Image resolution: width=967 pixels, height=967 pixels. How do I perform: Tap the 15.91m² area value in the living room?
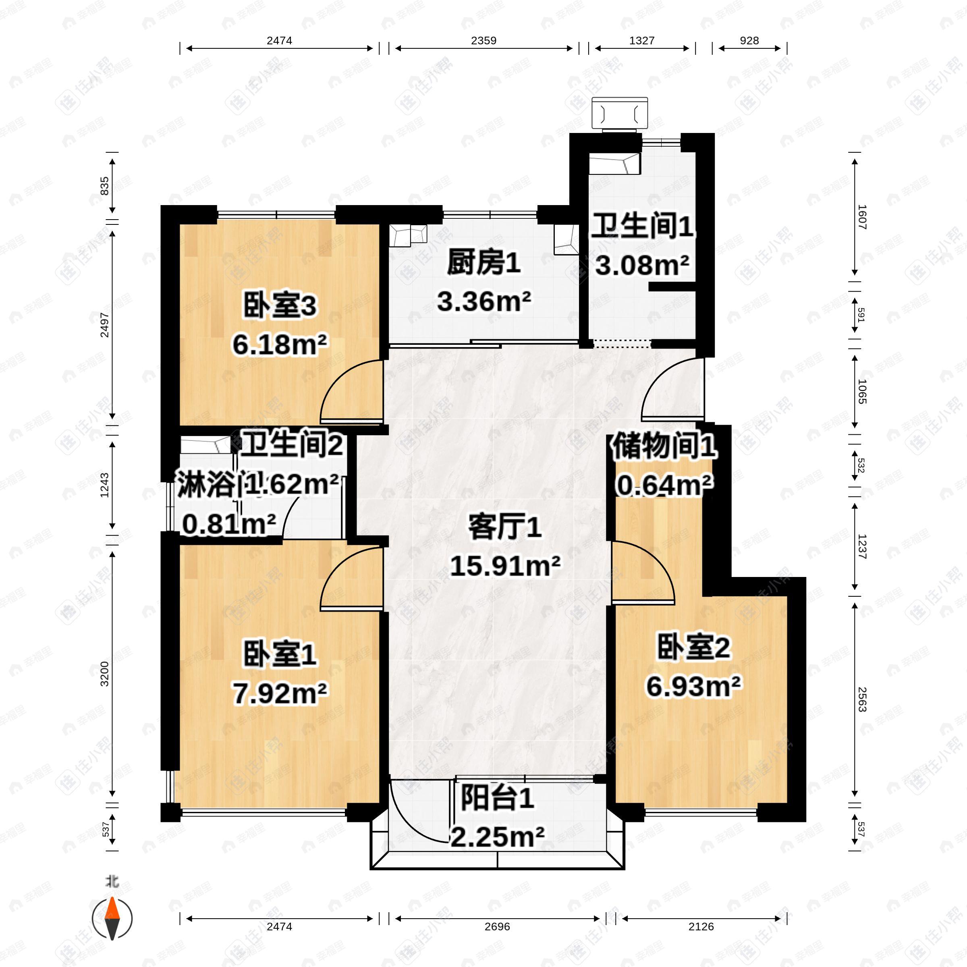tap(505, 566)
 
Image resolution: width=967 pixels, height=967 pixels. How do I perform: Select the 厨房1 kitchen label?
tap(483, 263)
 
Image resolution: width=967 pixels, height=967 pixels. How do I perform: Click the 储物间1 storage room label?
tap(664, 446)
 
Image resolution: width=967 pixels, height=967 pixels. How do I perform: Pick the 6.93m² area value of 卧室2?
tap(693, 686)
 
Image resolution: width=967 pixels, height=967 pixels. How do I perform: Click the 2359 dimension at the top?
tap(483, 41)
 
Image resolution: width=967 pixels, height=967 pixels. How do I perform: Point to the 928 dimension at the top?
tap(749, 41)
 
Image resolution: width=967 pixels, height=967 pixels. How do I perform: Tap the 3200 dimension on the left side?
tap(104, 673)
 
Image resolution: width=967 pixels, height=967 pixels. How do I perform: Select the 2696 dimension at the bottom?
tap(497, 926)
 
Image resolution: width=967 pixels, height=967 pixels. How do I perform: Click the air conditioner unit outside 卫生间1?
tap(620, 114)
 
